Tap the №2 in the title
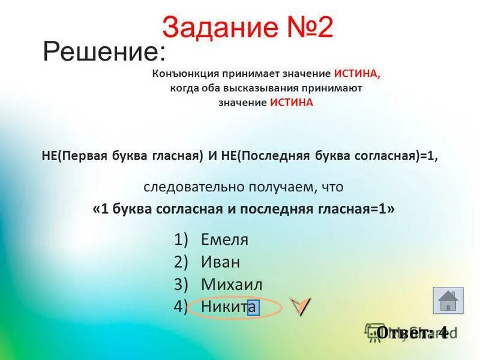(305, 28)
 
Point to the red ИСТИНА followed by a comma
(358, 74)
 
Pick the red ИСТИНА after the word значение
(292, 103)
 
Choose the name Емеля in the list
(224, 240)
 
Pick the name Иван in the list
(220, 262)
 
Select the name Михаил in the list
(232, 284)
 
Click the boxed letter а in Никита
(253, 307)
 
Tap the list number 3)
(181, 284)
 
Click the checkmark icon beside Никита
(301, 306)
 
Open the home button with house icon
(448, 301)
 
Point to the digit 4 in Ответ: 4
(443, 332)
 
